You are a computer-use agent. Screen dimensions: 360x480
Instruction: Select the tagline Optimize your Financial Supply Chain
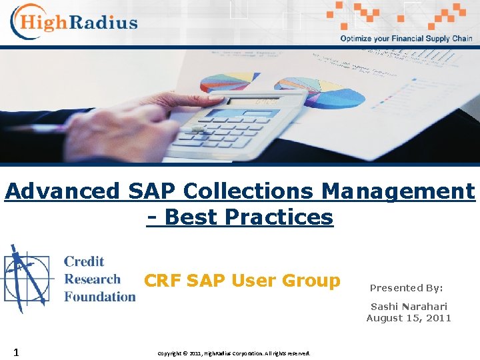[406, 39]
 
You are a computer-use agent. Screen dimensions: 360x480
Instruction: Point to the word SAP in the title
[150, 191]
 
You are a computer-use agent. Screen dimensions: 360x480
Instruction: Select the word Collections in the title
[249, 191]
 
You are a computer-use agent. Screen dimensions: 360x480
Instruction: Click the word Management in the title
[398, 191]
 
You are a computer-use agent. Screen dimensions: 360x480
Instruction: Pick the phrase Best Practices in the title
[248, 217]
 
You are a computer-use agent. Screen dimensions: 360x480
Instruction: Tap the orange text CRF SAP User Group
[242, 281]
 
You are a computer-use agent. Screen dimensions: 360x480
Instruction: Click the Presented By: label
[406, 288]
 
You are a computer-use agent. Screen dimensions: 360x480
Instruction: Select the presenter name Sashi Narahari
[409, 306]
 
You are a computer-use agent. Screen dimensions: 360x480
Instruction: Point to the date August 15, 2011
[409, 318]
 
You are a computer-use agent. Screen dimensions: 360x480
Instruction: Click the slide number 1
[15, 351]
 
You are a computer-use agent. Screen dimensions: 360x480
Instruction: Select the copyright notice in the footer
[233, 353]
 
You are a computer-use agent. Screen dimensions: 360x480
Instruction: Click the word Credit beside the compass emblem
[84, 261]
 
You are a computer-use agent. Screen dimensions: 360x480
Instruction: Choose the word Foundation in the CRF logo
[99, 297]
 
